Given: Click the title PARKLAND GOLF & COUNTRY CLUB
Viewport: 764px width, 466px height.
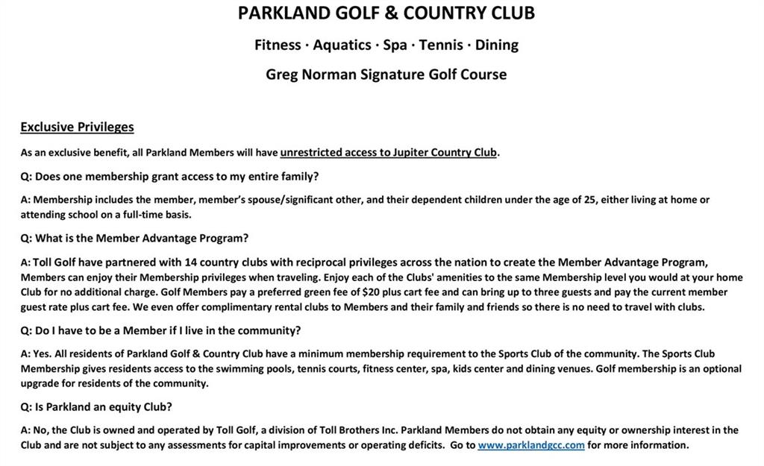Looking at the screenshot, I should point(386,13).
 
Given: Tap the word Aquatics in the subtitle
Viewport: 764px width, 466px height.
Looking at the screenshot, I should point(342,45).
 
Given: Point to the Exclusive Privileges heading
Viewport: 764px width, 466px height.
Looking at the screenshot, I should point(77,127).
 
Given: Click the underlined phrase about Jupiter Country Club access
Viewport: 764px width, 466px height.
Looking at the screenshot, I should point(388,153).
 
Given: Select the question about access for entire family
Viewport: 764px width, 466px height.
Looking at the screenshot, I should point(169,177).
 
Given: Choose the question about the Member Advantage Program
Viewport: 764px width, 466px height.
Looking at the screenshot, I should point(134,239).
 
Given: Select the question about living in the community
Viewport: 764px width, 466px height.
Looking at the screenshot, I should point(160,330).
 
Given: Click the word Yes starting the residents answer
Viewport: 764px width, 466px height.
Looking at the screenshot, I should point(43,353).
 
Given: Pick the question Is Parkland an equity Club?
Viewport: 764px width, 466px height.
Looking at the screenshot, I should point(96,407).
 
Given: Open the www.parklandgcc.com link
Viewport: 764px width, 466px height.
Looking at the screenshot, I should point(530,445).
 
